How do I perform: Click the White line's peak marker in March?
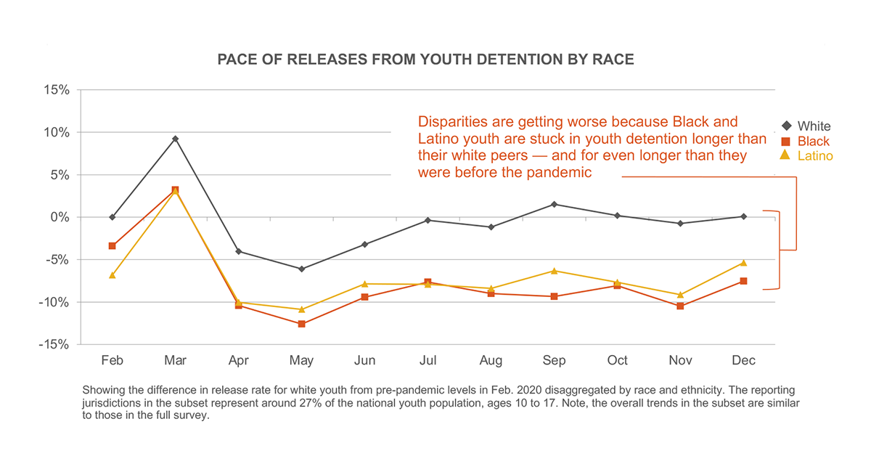pyautogui.click(x=175, y=139)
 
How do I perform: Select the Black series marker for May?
pyautogui.click(x=301, y=324)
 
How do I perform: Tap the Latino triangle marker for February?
pyautogui.click(x=112, y=275)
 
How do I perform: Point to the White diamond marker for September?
pyautogui.click(x=554, y=204)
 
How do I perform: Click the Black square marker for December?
pyautogui.click(x=743, y=281)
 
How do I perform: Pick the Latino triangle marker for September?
pyautogui.click(x=554, y=271)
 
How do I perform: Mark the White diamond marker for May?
pyautogui.click(x=301, y=269)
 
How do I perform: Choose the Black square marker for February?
pyautogui.click(x=112, y=245)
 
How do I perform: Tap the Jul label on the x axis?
pyautogui.click(x=428, y=361)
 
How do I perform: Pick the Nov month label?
pyautogui.click(x=680, y=361)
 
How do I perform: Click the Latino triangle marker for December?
pyautogui.click(x=743, y=263)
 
